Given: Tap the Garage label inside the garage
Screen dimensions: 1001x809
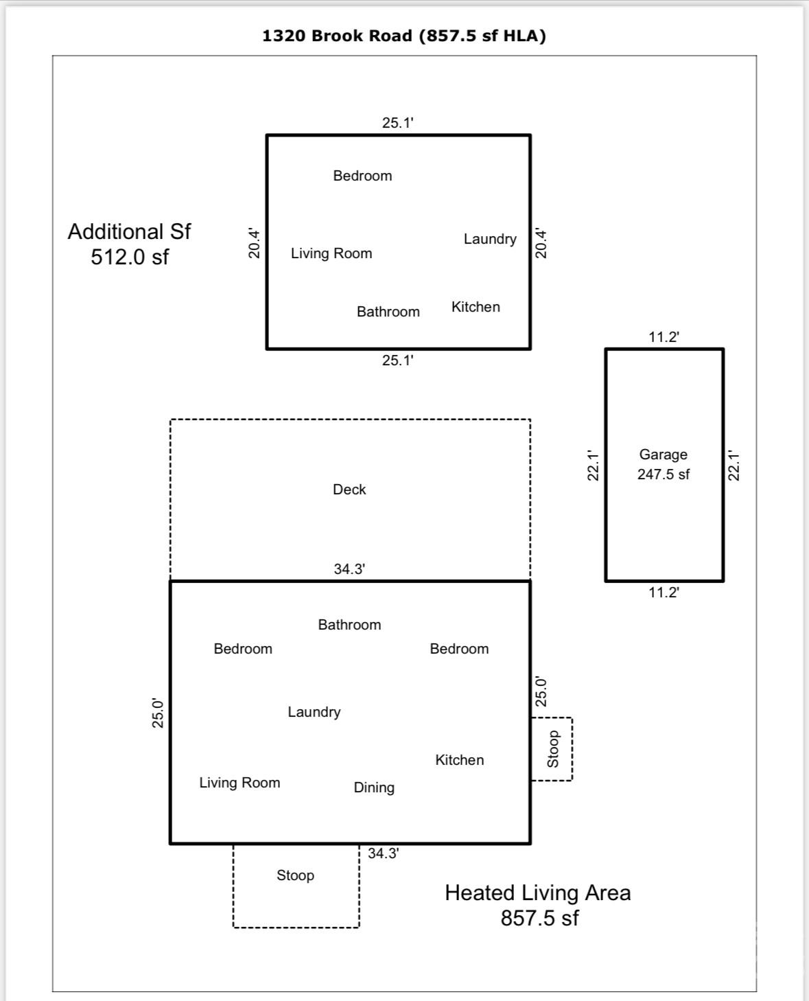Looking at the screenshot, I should click(x=663, y=455).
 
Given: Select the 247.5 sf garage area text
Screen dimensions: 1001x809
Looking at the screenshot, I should click(x=663, y=474).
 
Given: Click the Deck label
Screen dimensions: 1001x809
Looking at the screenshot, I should click(x=349, y=490).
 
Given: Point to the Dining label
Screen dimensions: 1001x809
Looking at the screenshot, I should click(x=374, y=787).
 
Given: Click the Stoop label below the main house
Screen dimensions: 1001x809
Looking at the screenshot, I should click(x=295, y=875).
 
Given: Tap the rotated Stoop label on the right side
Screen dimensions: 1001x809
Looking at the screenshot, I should click(x=553, y=748).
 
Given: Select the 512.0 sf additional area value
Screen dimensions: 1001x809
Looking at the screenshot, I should click(x=130, y=257).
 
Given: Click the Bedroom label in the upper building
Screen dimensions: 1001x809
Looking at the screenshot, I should click(x=362, y=176).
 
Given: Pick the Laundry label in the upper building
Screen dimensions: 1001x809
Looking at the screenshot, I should click(x=490, y=239).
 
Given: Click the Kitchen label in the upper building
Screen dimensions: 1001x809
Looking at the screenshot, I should click(x=476, y=307).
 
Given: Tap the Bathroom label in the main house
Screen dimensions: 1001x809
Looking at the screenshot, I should click(x=349, y=625).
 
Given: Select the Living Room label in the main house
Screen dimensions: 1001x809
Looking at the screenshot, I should click(x=239, y=783).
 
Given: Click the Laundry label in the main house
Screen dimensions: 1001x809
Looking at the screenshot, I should click(x=314, y=712).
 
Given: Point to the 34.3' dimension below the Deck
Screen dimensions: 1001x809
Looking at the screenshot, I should click(x=349, y=569).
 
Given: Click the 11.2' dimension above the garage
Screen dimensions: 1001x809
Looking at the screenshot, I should click(x=664, y=337).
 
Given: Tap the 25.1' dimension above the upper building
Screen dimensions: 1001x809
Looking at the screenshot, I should click(x=397, y=123).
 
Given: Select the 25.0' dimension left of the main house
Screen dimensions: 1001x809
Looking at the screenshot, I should click(x=158, y=713).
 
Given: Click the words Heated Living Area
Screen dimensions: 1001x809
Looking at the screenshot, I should click(x=537, y=893).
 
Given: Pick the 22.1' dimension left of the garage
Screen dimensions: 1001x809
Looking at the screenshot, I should click(x=594, y=465).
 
